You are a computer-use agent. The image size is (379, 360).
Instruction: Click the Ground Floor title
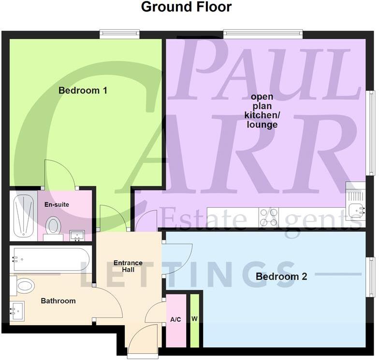tap(186, 7)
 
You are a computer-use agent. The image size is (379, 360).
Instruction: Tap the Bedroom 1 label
tap(83, 90)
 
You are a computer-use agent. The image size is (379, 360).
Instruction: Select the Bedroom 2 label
tap(281, 277)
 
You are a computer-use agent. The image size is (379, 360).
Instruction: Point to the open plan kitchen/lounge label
tap(261, 111)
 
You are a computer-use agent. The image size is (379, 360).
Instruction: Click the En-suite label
tap(57, 204)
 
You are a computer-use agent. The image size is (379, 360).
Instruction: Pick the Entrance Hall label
tap(128, 266)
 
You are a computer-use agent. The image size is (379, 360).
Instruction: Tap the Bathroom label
tap(58, 301)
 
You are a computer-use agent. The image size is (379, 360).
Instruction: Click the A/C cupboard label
tap(176, 319)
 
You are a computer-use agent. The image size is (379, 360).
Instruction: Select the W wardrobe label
tap(194, 319)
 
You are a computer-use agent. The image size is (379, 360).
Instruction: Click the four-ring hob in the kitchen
tap(269, 217)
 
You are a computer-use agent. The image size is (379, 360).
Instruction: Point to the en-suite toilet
tap(53, 225)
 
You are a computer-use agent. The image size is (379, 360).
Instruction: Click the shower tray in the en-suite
tap(24, 216)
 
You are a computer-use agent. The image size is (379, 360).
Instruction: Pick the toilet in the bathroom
tap(23, 285)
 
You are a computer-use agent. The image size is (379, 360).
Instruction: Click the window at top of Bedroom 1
tap(119, 34)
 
